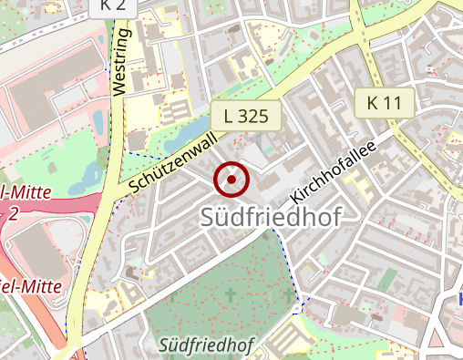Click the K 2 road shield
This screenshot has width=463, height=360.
coord(113,5)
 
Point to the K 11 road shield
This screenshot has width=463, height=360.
coord(384,103)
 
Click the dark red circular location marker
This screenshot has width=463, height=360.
coord(231,180)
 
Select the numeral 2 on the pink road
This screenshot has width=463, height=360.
coord(12,214)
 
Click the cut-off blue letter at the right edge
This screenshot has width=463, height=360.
coord(459,298)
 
